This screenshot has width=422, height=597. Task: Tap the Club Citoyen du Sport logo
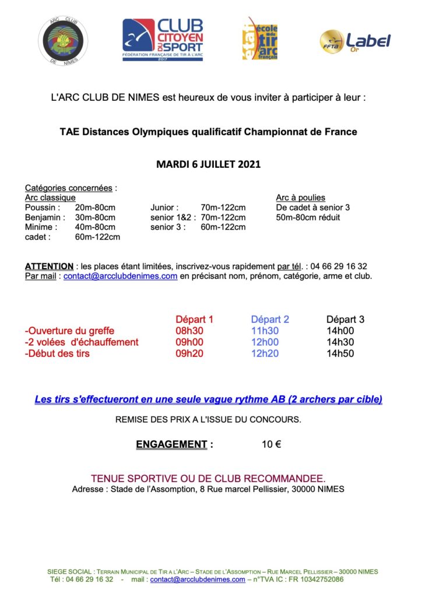163,40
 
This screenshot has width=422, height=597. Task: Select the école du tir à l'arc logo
259,38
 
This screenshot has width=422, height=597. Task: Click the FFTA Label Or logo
354,41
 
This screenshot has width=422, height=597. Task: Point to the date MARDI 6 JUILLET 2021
208,164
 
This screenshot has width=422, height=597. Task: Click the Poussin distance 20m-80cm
95,208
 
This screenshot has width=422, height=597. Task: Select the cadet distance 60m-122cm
97,237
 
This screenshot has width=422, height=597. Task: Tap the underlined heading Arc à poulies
300,198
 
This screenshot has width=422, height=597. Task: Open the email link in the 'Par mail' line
121,276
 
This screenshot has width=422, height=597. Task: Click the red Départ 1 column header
194,319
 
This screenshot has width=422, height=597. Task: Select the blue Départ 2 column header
270,319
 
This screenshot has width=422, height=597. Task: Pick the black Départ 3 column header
345,319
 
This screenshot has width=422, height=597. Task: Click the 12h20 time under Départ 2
265,353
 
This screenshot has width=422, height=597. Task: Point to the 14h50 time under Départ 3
340,353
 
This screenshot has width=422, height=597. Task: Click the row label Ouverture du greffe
69,331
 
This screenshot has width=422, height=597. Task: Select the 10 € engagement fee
272,444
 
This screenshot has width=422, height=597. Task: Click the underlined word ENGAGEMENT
171,444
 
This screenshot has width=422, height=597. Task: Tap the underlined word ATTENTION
49,266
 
